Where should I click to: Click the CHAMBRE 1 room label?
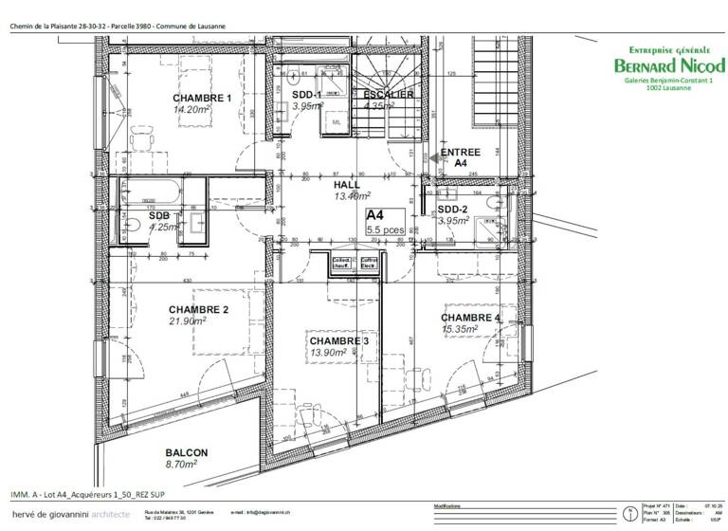point(202,98)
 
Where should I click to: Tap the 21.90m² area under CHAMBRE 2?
point(188,320)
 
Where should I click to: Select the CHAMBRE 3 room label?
point(338,340)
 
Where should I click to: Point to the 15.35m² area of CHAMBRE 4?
point(459,329)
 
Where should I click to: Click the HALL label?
point(347,185)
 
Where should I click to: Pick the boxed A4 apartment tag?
point(374,214)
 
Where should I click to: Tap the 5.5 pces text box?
point(385,229)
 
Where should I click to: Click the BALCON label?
point(186,453)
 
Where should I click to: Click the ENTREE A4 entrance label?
point(461,157)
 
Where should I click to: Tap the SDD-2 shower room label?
point(453,210)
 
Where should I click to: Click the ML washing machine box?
point(337,123)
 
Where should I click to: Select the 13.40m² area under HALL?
point(351,196)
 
